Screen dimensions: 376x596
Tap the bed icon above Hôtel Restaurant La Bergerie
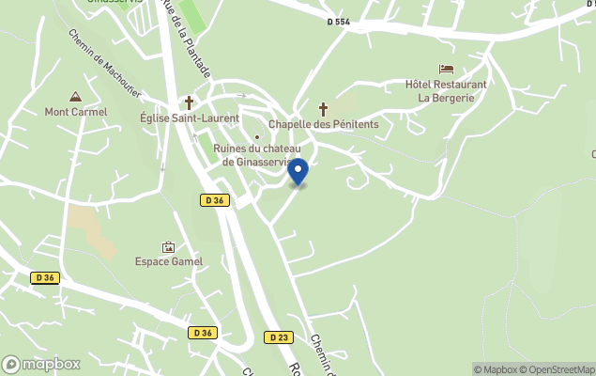pyautogui.click(x=446, y=69)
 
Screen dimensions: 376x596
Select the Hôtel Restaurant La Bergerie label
pyautogui.click(x=446, y=90)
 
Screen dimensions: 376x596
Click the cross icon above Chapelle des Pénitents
pyautogui.click(x=324, y=109)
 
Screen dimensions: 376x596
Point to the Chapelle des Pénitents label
pyautogui.click(x=324, y=124)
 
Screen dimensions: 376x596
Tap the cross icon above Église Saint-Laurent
pyautogui.click(x=189, y=102)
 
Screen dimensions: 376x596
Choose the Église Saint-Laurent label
pyautogui.click(x=189, y=118)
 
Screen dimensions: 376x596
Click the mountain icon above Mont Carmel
pyautogui.click(x=75, y=97)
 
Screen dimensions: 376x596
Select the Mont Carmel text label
pyautogui.click(x=76, y=112)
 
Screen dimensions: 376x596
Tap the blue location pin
pyautogui.click(x=298, y=172)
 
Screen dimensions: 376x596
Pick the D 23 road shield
pyautogui.click(x=277, y=337)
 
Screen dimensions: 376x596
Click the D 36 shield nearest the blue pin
pyautogui.click(x=214, y=200)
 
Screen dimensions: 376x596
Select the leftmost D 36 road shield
pyautogui.click(x=44, y=277)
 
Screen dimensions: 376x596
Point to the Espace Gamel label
pyautogui.click(x=169, y=261)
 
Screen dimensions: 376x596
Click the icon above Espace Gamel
pyautogui.click(x=169, y=246)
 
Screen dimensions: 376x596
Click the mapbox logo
pyautogui.click(x=41, y=364)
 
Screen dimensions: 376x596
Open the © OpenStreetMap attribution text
pyautogui.click(x=558, y=369)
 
